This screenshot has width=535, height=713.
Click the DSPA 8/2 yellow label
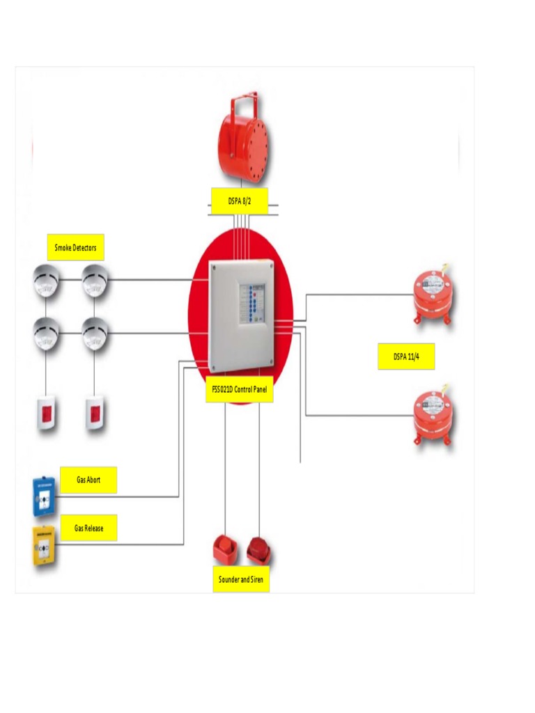(238, 201)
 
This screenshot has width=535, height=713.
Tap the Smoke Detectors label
(75, 247)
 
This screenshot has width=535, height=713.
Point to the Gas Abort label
(88, 480)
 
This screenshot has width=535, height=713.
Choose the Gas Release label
(88, 528)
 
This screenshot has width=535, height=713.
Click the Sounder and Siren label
(241, 579)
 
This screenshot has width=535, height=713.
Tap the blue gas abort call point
(45, 497)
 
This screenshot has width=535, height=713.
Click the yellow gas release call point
(45, 547)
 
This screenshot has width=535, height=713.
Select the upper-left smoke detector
(47, 281)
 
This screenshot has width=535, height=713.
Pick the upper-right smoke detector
(95, 281)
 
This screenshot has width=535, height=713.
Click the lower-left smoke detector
(47, 334)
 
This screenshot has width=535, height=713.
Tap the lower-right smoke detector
(95, 334)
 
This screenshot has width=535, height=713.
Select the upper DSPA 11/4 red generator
(433, 293)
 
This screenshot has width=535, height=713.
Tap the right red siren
(259, 551)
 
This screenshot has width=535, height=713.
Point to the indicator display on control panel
(252, 303)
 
